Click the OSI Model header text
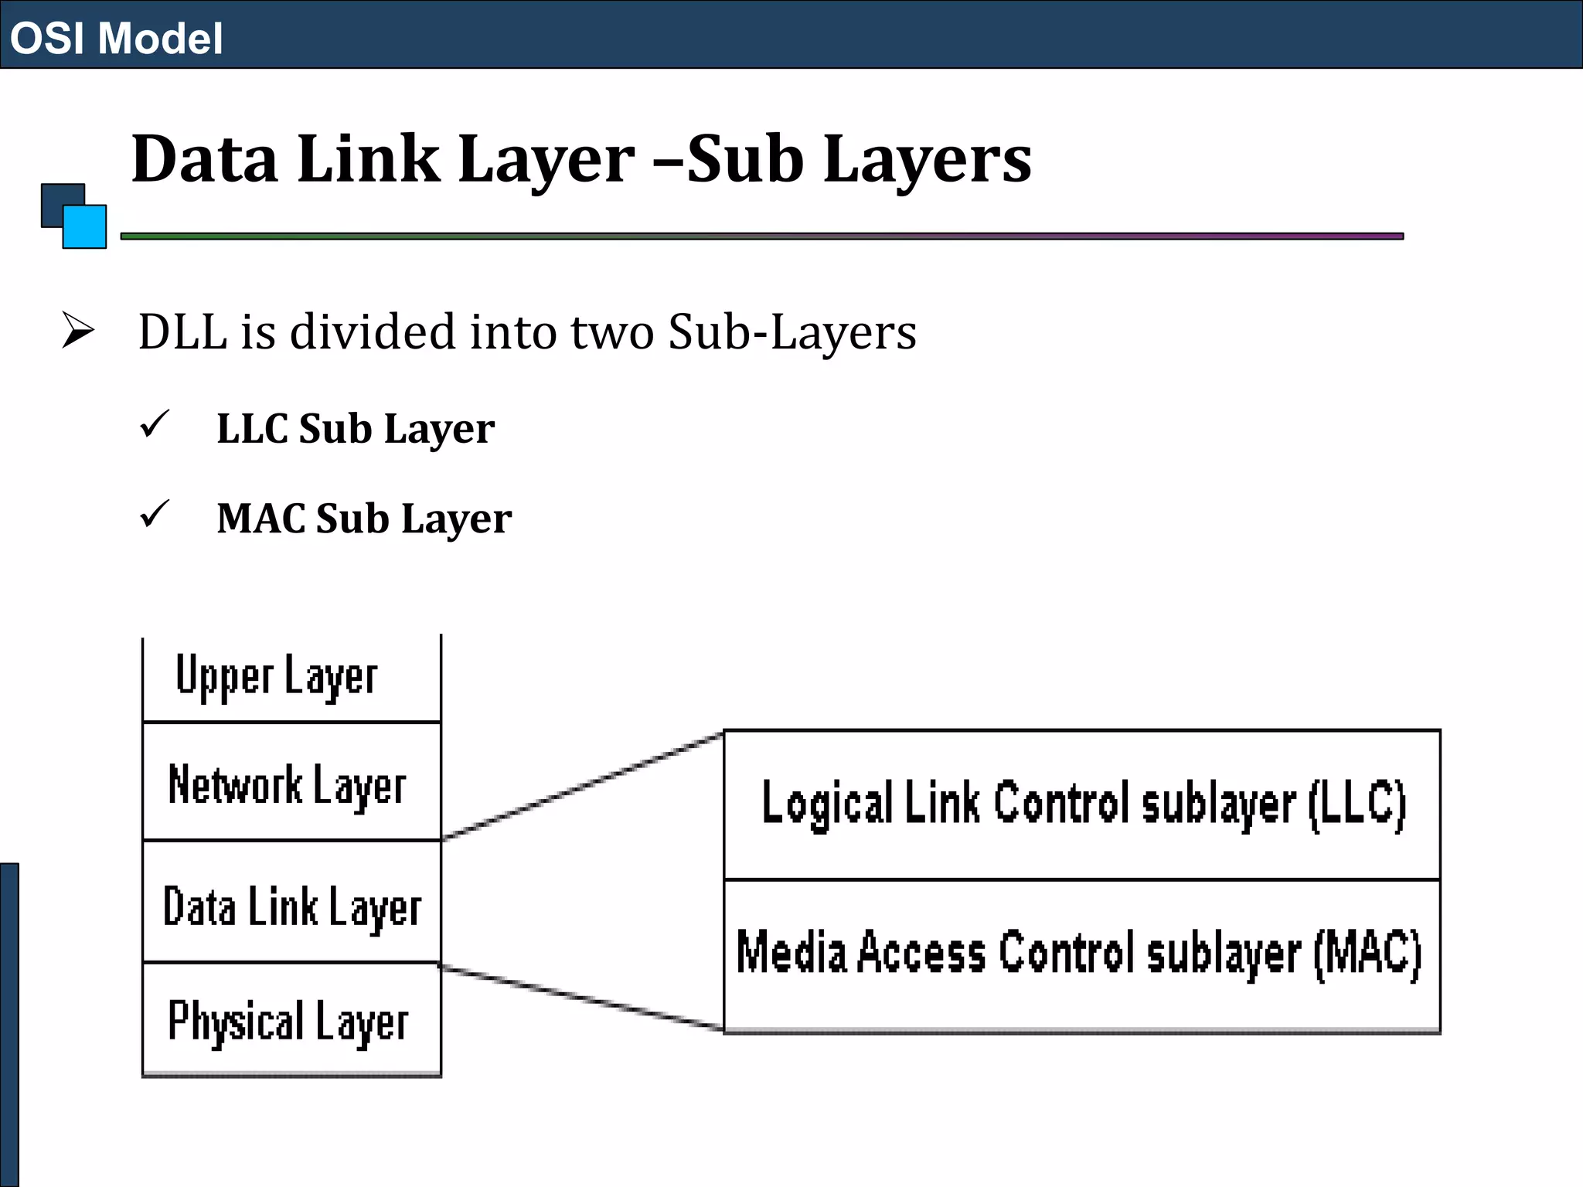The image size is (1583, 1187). [x=116, y=38]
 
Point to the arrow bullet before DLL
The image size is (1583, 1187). [x=77, y=331]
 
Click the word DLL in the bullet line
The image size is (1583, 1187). [x=182, y=332]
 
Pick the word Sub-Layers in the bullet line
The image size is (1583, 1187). [x=792, y=332]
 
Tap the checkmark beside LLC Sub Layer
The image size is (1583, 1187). [x=155, y=424]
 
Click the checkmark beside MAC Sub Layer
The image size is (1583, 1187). [x=155, y=514]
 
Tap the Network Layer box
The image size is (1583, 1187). [x=291, y=782]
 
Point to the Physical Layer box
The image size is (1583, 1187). [x=291, y=1020]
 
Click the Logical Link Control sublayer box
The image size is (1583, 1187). [x=1081, y=804]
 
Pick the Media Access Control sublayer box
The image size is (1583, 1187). [x=1081, y=955]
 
